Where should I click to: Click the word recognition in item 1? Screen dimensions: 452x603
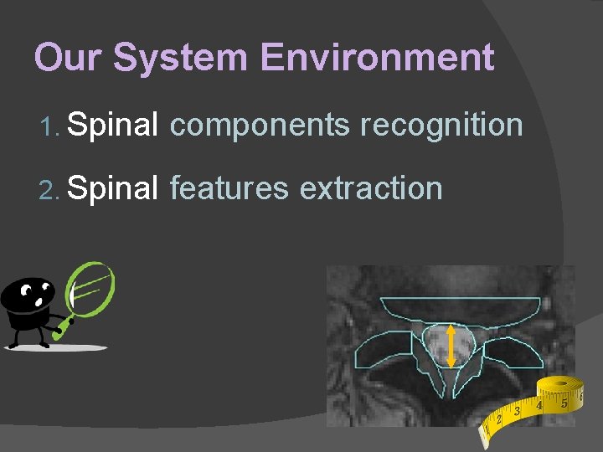[x=441, y=126]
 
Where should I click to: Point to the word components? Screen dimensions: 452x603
[x=260, y=126]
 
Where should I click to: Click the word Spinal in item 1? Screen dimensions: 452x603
[x=112, y=126]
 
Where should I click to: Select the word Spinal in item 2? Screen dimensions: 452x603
[x=112, y=188]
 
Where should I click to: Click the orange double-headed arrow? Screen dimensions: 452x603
[x=451, y=346]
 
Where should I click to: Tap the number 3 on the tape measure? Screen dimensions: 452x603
[x=518, y=411]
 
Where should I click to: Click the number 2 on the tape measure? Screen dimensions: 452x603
[x=500, y=419]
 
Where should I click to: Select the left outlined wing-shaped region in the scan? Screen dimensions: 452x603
[x=386, y=351]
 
